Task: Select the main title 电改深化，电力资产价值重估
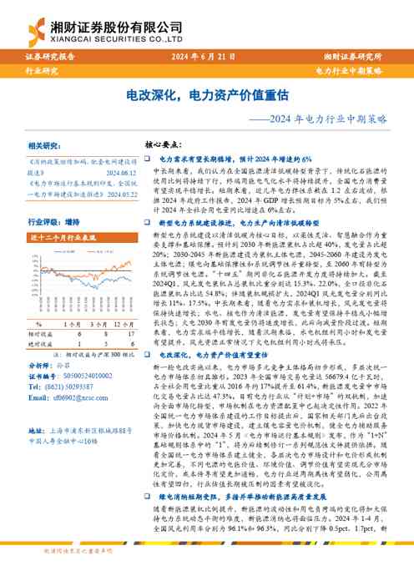[x=206, y=96]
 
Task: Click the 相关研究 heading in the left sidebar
[x=46, y=144]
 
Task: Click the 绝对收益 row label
[x=41, y=342]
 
